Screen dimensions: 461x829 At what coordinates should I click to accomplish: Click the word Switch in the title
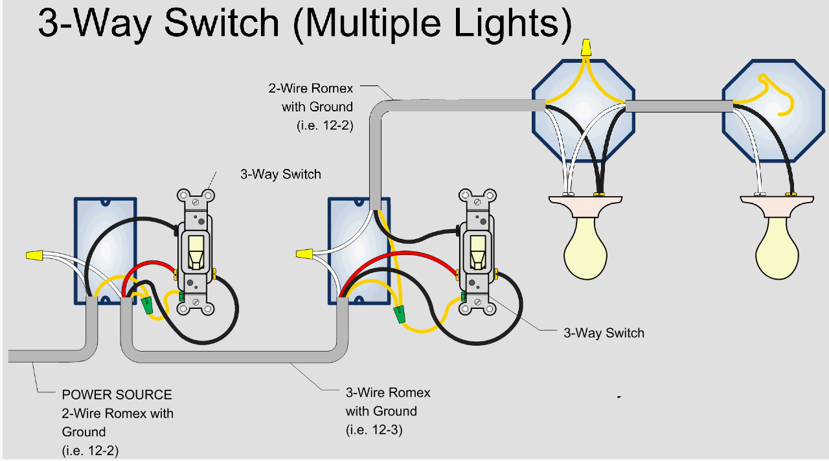coord(221,24)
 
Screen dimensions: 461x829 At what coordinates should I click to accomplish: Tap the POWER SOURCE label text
coord(117,394)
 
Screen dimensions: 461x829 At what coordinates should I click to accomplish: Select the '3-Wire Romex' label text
coord(387,392)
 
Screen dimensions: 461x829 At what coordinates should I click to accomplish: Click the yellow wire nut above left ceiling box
coord(586,47)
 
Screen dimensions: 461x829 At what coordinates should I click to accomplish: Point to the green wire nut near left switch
coord(147,305)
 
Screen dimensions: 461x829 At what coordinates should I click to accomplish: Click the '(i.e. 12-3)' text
coord(374,429)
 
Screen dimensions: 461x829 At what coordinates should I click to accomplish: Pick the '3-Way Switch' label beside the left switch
coord(280,174)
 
